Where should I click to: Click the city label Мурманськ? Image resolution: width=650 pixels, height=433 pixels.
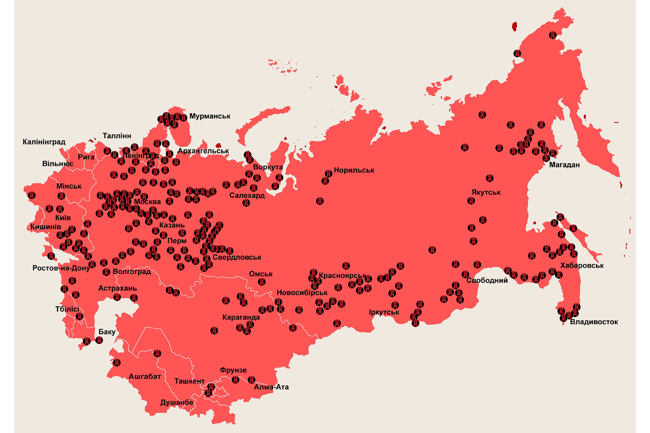pyautogui.click(x=210, y=116)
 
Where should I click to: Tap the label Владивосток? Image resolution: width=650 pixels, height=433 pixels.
pyautogui.click(x=594, y=322)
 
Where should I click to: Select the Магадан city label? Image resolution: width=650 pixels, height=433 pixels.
pyautogui.click(x=564, y=165)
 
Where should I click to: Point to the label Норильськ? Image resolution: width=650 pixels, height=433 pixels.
pyautogui.click(x=354, y=170)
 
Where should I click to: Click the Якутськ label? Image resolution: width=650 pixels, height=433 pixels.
pyautogui.click(x=486, y=192)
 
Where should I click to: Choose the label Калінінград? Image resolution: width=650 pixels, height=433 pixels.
pyautogui.click(x=44, y=142)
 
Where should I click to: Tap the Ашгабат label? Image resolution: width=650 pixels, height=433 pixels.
pyautogui.click(x=145, y=376)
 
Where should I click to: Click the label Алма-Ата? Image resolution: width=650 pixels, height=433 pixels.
pyautogui.click(x=271, y=387)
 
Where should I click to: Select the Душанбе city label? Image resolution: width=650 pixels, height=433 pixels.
pyautogui.click(x=177, y=402)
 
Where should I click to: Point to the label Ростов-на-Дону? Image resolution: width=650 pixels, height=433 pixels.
pyautogui.click(x=61, y=268)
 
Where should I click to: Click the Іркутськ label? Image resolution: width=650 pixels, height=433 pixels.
pyautogui.click(x=384, y=312)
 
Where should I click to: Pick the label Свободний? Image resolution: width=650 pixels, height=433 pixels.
pyautogui.click(x=487, y=280)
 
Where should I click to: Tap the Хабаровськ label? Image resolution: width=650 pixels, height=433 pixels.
pyautogui.click(x=582, y=265)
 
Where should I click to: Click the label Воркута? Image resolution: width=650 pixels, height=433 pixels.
pyautogui.click(x=268, y=167)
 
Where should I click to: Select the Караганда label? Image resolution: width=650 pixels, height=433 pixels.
pyautogui.click(x=241, y=317)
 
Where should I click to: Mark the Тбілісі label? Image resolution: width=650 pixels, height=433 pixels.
pyautogui.click(x=67, y=309)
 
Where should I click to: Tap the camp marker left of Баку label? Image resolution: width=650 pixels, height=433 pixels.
pyautogui.click(x=87, y=341)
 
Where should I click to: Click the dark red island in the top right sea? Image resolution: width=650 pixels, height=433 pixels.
pyautogui.click(x=514, y=27)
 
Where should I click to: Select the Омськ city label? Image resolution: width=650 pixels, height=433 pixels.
pyautogui.click(x=261, y=274)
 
